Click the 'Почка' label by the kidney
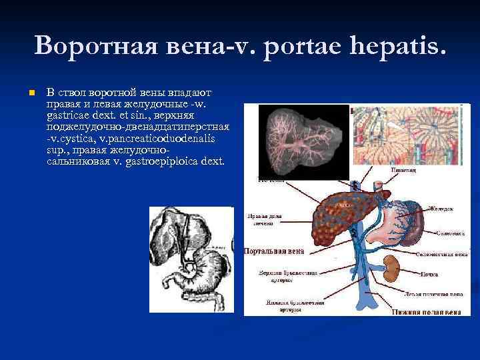tap(429, 274)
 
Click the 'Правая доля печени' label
tap(264, 220)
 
